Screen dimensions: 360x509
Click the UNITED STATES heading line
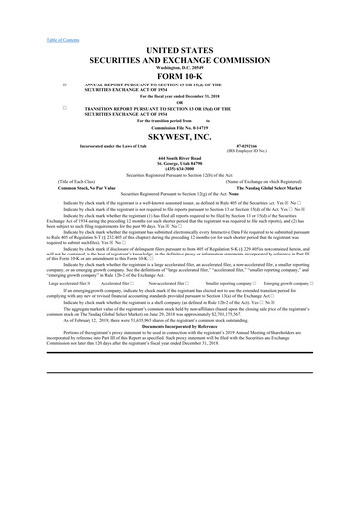pyautogui.click(x=179, y=49)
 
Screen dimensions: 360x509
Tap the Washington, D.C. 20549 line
pyautogui.click(x=179, y=64)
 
